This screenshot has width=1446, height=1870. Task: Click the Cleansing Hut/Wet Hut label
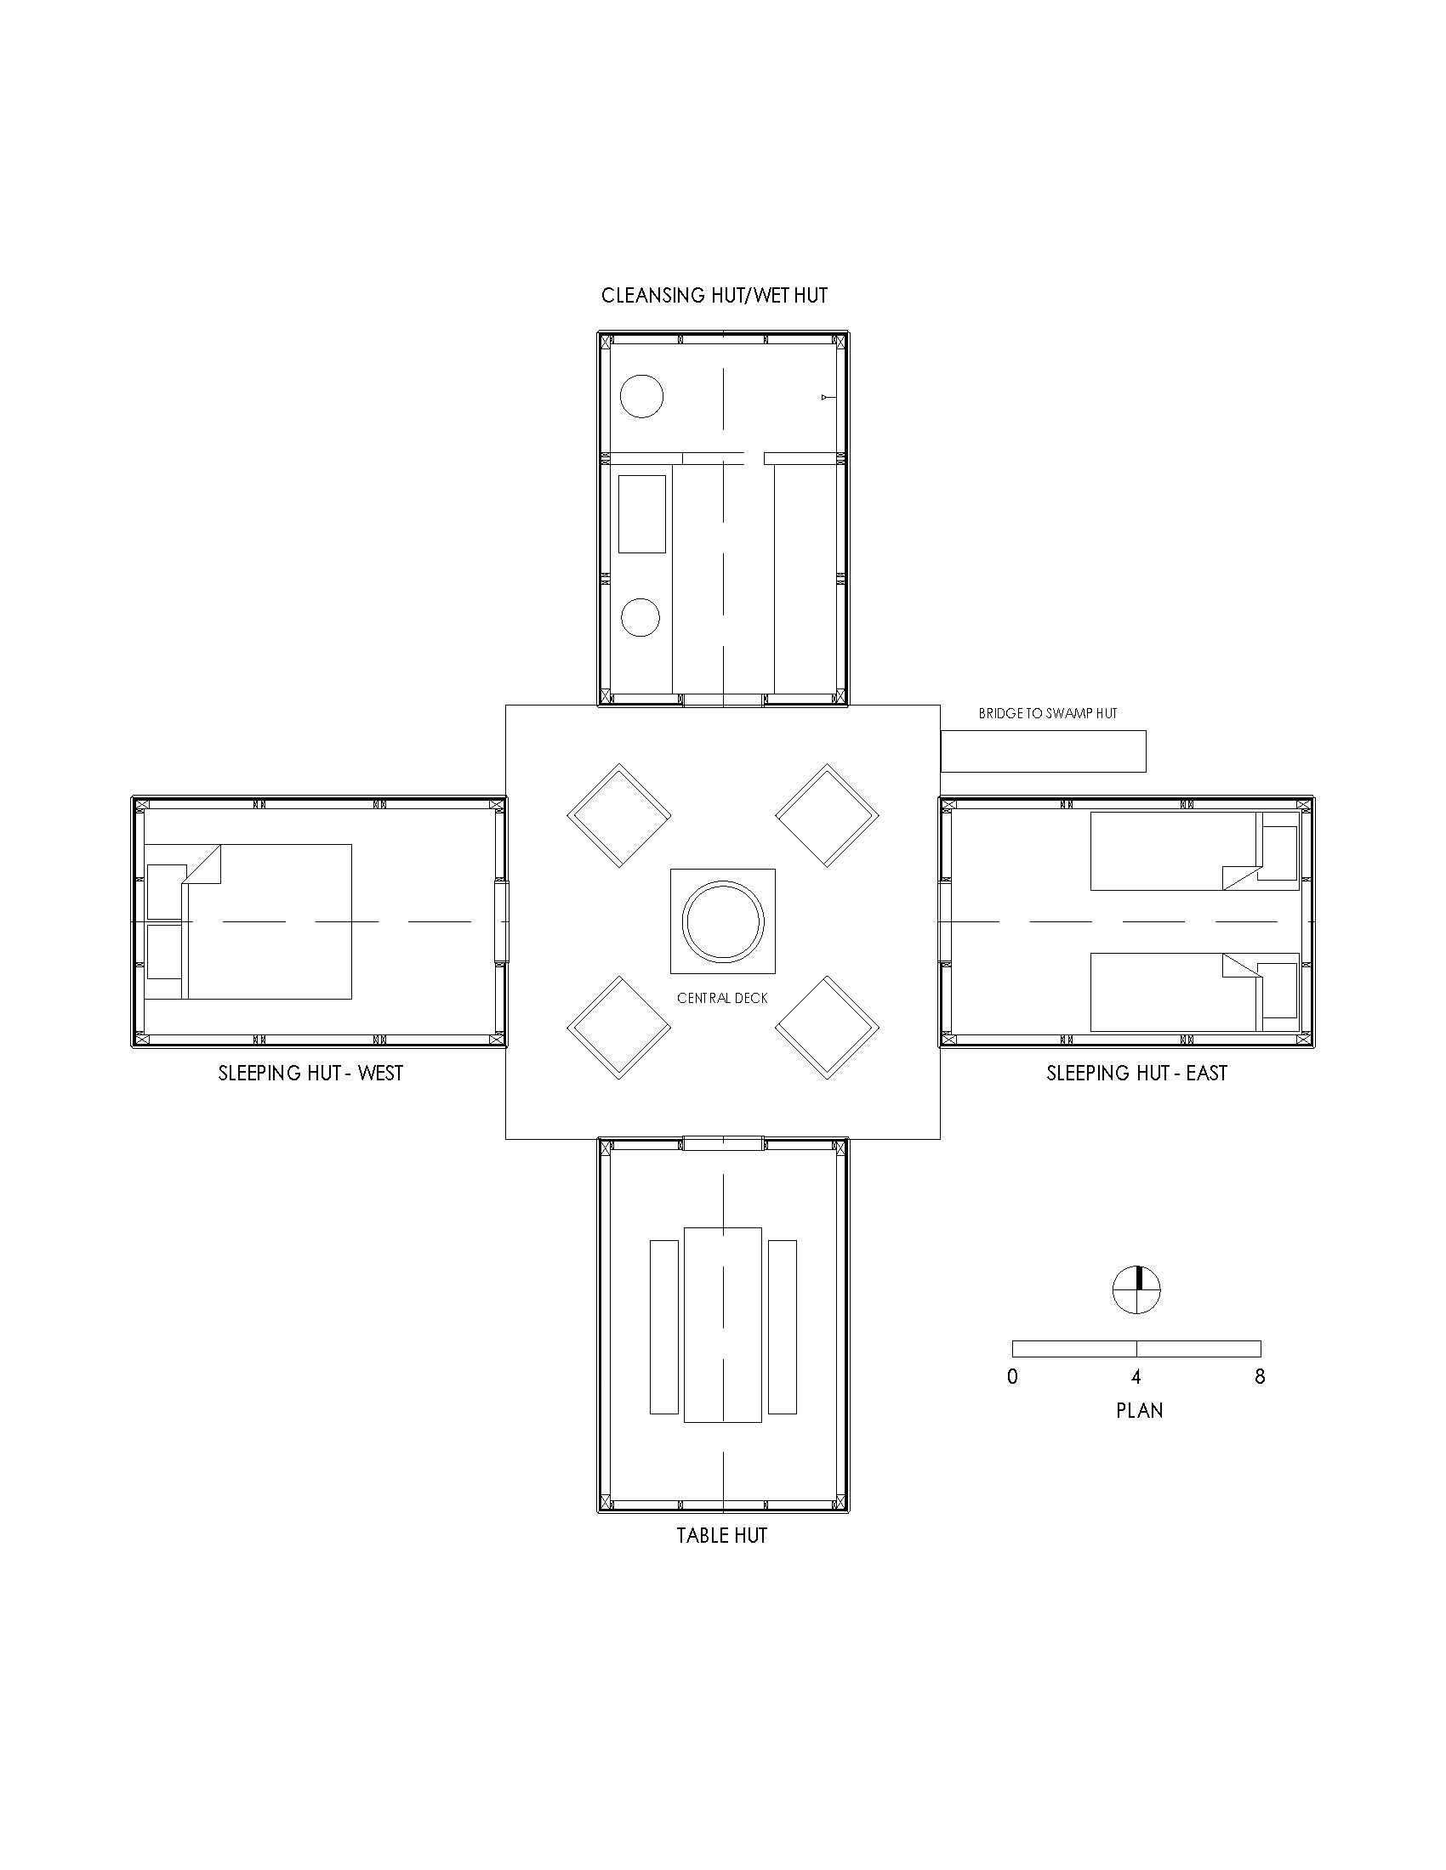714,296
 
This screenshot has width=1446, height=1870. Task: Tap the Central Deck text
722,998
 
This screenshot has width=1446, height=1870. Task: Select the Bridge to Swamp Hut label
1048,713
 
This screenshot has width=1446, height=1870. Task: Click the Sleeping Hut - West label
310,1073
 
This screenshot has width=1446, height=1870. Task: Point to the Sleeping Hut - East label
1136,1073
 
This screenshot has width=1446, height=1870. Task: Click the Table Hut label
721,1535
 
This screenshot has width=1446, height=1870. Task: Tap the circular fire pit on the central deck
723,921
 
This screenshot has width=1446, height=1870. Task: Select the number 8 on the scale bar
1259,1377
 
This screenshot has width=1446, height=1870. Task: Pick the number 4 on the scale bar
1136,1377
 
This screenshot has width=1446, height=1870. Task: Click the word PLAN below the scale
1139,1410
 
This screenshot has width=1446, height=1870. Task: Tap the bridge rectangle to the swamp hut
1044,751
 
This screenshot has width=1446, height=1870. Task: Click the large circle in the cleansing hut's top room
641,396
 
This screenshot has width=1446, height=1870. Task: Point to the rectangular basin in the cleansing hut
642,513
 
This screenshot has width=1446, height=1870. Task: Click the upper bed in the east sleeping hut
1195,852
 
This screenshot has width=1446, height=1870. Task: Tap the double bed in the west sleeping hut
248,921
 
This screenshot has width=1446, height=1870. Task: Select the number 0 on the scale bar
1012,1377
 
